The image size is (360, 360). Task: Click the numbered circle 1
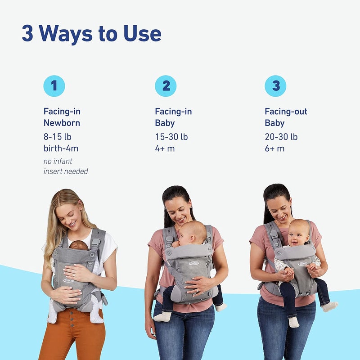tap(54, 86)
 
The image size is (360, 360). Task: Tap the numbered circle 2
tap(166, 86)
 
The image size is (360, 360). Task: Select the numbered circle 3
tap(275, 86)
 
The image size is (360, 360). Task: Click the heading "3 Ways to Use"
tap(91, 34)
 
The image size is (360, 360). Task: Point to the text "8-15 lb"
tap(57, 137)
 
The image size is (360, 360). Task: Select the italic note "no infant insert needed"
tap(65, 166)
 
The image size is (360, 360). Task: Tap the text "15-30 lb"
tap(171, 137)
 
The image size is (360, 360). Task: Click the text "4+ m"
tap(165, 148)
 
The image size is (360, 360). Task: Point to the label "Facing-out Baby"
tap(286, 117)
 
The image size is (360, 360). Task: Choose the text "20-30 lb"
tap(281, 137)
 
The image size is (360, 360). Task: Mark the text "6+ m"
tap(274, 148)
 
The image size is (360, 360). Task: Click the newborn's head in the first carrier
tap(78, 246)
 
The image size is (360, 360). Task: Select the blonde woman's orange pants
tap(72, 337)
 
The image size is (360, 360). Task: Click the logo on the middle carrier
tap(193, 263)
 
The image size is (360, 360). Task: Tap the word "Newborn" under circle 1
tap(62, 123)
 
